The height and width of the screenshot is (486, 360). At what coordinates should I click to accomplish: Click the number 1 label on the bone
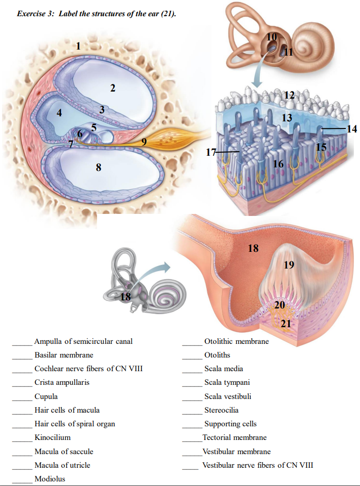78,47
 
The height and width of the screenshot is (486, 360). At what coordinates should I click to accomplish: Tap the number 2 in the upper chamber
113,89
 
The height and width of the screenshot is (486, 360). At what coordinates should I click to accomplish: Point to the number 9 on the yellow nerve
144,142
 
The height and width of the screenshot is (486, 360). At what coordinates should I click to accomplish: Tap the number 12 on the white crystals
289,95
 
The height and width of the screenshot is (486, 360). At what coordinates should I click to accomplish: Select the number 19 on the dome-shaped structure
289,264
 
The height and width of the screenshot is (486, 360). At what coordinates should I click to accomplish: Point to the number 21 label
286,324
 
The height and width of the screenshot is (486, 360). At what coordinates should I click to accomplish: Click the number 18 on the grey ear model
125,297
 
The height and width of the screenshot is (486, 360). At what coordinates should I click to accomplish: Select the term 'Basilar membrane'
64,356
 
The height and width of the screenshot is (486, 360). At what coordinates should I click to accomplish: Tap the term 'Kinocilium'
53,437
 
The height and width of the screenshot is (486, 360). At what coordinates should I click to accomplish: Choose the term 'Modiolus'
50,478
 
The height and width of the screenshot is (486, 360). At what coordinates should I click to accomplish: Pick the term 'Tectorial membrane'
234,437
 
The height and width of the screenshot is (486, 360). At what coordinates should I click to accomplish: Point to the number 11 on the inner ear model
288,52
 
